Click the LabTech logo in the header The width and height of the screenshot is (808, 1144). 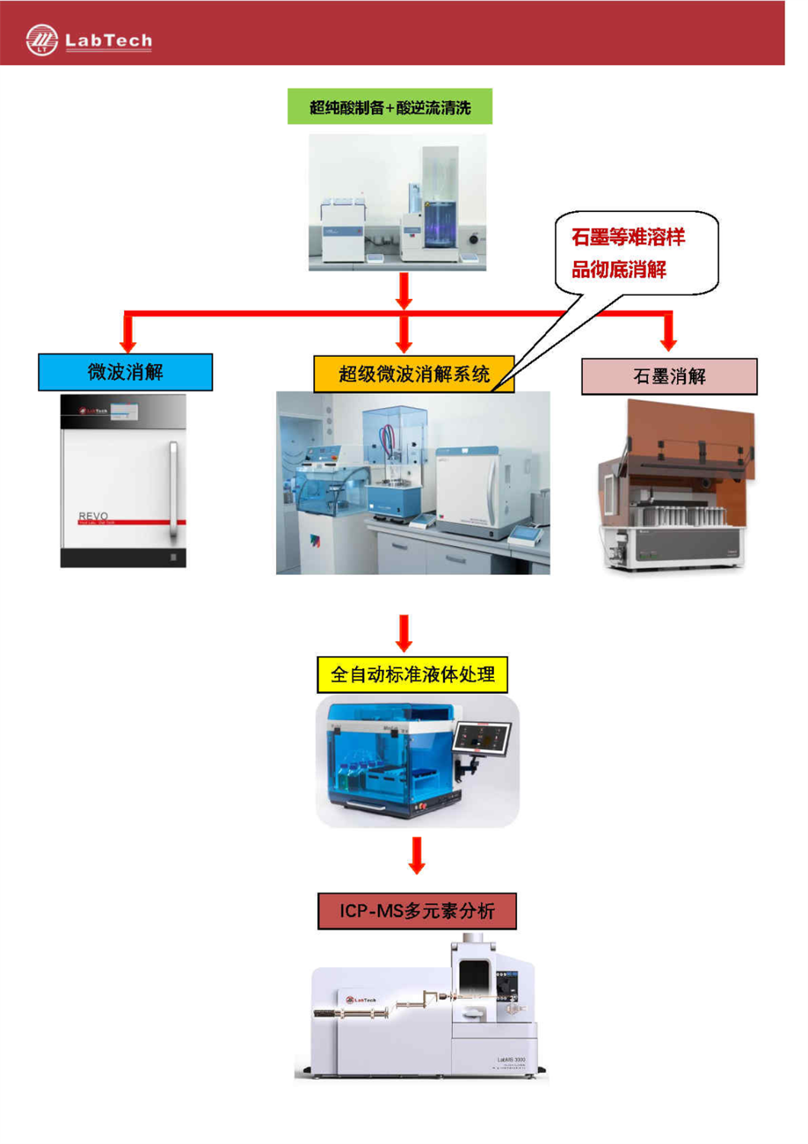(x=88, y=40)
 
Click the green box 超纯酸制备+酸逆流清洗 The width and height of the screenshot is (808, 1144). (x=390, y=107)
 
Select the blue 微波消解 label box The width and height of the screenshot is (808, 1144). (x=126, y=372)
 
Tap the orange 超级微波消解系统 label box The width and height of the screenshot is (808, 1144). (x=413, y=374)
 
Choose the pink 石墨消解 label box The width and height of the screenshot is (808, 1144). (x=669, y=376)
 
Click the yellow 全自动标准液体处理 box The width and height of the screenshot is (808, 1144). (x=412, y=674)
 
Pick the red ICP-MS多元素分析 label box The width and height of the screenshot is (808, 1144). (x=416, y=911)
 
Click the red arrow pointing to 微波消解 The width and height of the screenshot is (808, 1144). (x=128, y=333)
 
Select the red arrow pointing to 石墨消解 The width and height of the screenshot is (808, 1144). (x=669, y=333)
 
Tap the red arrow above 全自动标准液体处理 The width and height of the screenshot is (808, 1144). (x=404, y=633)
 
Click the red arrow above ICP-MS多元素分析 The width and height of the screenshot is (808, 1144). (x=416, y=856)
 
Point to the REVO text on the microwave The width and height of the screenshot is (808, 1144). (x=93, y=516)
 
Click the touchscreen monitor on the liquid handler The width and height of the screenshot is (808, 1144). (x=482, y=738)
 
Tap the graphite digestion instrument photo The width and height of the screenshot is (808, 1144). (x=675, y=488)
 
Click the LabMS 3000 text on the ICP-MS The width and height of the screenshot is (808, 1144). (x=511, y=1059)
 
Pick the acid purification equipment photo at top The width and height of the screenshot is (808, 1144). (x=397, y=202)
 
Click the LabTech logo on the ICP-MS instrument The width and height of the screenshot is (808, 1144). (x=362, y=999)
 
